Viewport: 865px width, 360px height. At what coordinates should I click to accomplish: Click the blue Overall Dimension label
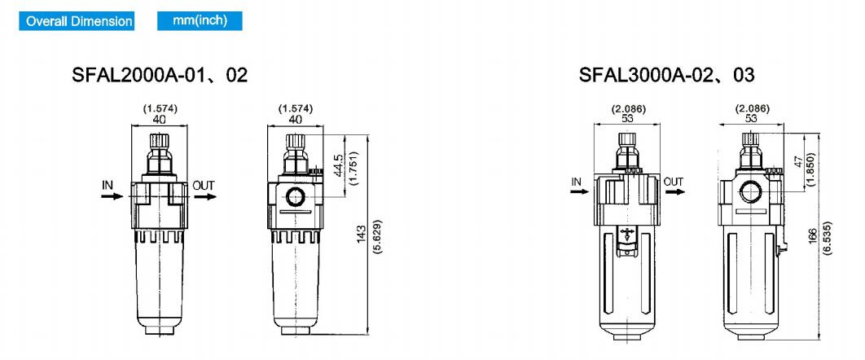pyautogui.click(x=77, y=21)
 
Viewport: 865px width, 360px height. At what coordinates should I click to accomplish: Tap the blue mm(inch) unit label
pyautogui.click(x=200, y=21)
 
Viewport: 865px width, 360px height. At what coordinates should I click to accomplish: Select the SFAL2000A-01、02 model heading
pyautogui.click(x=160, y=75)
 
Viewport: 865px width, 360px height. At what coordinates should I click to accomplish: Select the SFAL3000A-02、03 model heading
pyautogui.click(x=666, y=75)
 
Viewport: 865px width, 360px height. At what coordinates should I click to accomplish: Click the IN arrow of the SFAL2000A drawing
pyautogui.click(x=112, y=196)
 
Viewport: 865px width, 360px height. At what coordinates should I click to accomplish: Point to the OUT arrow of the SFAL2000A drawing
pyautogui.click(x=204, y=196)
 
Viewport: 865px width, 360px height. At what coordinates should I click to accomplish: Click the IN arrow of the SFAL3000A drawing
pyautogui.click(x=581, y=192)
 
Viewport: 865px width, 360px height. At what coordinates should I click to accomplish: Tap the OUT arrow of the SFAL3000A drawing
pyautogui.click(x=674, y=192)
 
